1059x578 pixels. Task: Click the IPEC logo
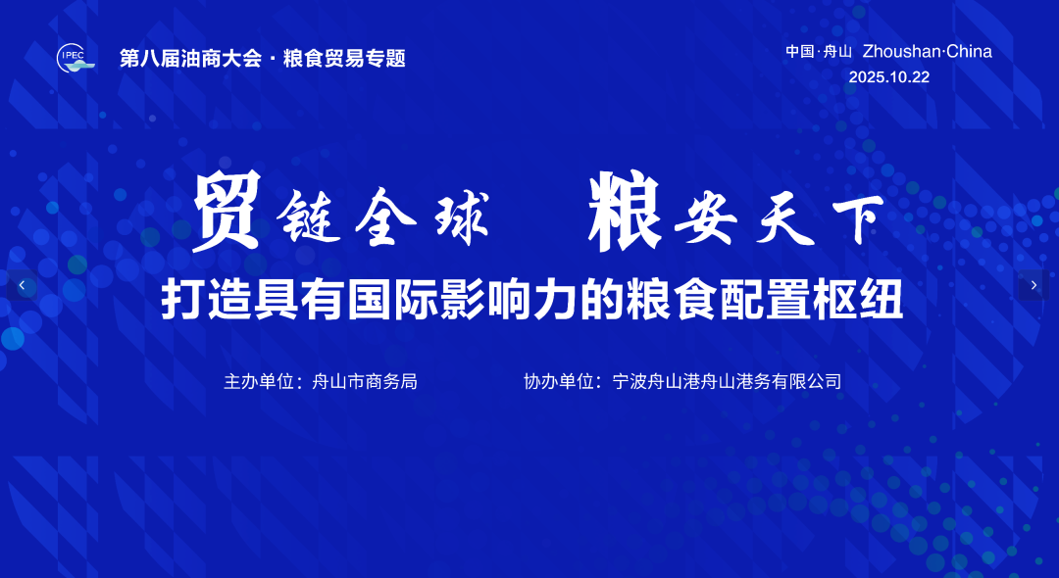pos(75,58)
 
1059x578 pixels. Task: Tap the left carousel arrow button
pos(22,285)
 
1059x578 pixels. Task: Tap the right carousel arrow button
pos(1034,285)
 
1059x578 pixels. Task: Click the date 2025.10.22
pos(888,77)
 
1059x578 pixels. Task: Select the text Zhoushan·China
pos(927,52)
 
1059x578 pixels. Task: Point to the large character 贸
pos(227,210)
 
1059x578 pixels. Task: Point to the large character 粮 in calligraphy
pos(624,210)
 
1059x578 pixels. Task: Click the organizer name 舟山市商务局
pos(365,381)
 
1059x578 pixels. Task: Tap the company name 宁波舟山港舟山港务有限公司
pos(727,381)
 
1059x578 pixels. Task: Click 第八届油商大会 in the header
pos(190,59)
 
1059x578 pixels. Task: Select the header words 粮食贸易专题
pos(344,59)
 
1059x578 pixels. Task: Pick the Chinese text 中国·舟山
pos(819,52)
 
